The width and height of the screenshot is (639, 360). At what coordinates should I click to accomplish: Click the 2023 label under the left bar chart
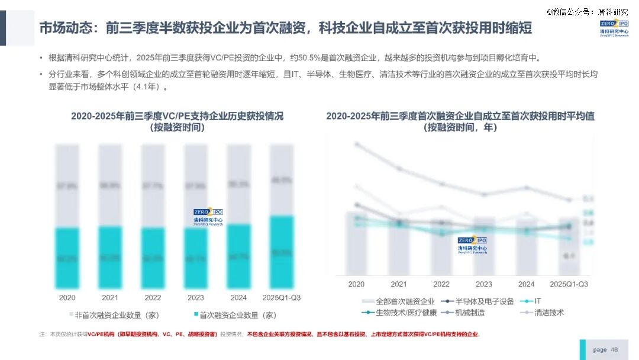pos(196,297)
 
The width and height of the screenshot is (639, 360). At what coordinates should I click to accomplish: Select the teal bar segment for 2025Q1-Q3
pos(281,253)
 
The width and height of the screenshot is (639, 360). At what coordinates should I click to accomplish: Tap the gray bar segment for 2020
pos(67,186)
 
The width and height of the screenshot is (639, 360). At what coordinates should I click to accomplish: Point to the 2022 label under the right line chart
pos(441,284)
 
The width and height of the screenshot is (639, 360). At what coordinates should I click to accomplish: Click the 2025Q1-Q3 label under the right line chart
pos(569,284)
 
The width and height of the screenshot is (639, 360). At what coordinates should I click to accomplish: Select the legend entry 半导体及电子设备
pos(476,301)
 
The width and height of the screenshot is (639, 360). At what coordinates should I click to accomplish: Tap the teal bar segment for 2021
pos(110,258)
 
